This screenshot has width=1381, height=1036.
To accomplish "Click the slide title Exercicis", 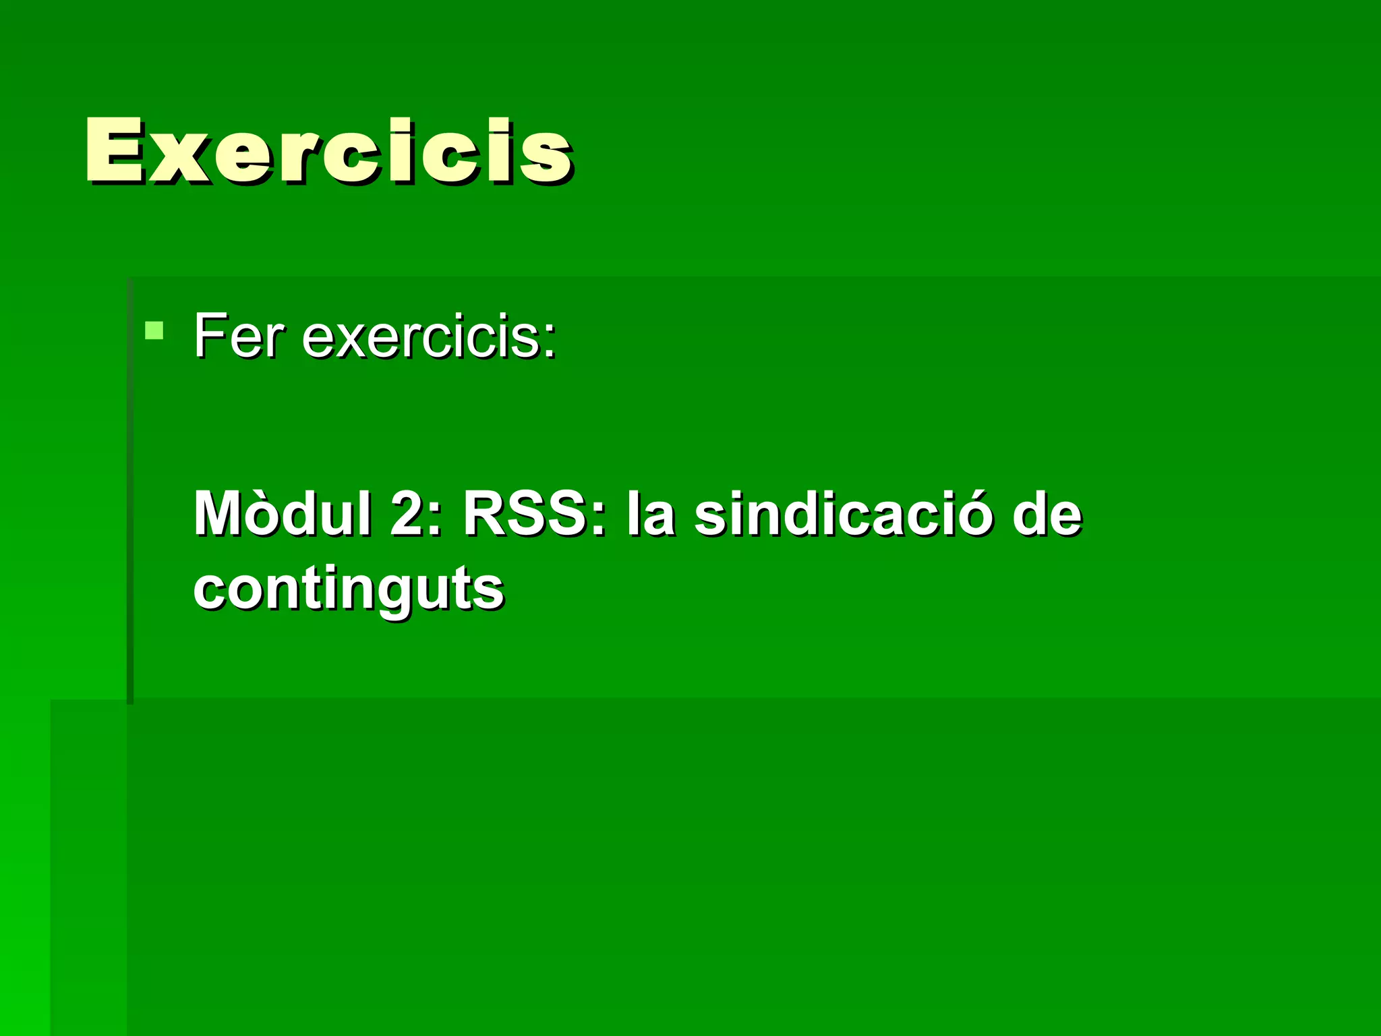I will [329, 151].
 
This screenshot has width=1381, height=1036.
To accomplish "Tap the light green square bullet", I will [154, 330].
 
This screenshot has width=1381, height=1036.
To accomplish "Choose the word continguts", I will [349, 589].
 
